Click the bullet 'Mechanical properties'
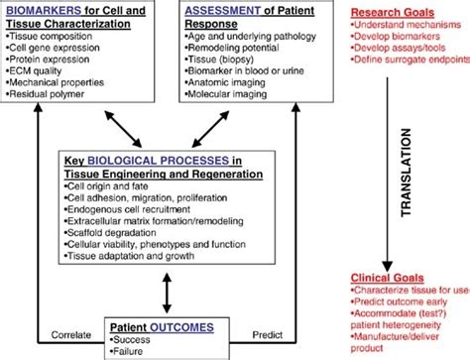pos(54,85)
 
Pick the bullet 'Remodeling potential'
pos(236,49)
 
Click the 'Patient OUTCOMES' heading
pos(162,324)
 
